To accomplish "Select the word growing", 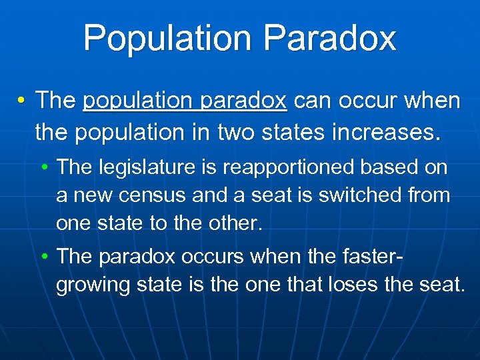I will click(x=93, y=285).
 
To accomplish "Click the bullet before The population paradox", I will click(x=22, y=101).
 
